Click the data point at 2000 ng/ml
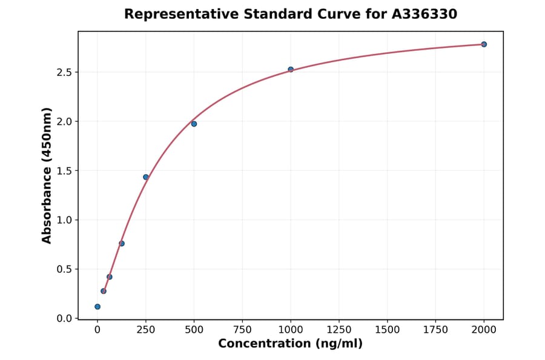pyautogui.click(x=484, y=44)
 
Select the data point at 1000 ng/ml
pyautogui.click(x=291, y=70)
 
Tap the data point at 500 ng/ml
pyautogui.click(x=194, y=124)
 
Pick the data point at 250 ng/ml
pyautogui.click(x=146, y=177)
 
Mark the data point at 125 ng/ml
pyautogui.click(x=122, y=244)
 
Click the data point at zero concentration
pyautogui.click(x=97, y=307)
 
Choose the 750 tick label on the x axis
pyautogui.click(x=242, y=330)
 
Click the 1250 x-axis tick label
pyautogui.click(x=339, y=330)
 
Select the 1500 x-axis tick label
pyautogui.click(x=388, y=330)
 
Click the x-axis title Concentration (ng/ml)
pyautogui.click(x=290, y=344)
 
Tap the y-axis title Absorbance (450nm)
pyautogui.click(x=47, y=175)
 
